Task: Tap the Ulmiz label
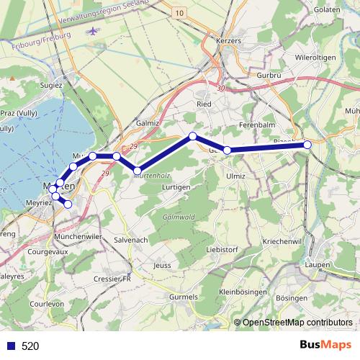[x=236, y=175]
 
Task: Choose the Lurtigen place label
[x=177, y=186]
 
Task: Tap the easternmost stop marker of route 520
[x=307, y=145]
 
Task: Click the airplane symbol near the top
[x=94, y=31]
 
